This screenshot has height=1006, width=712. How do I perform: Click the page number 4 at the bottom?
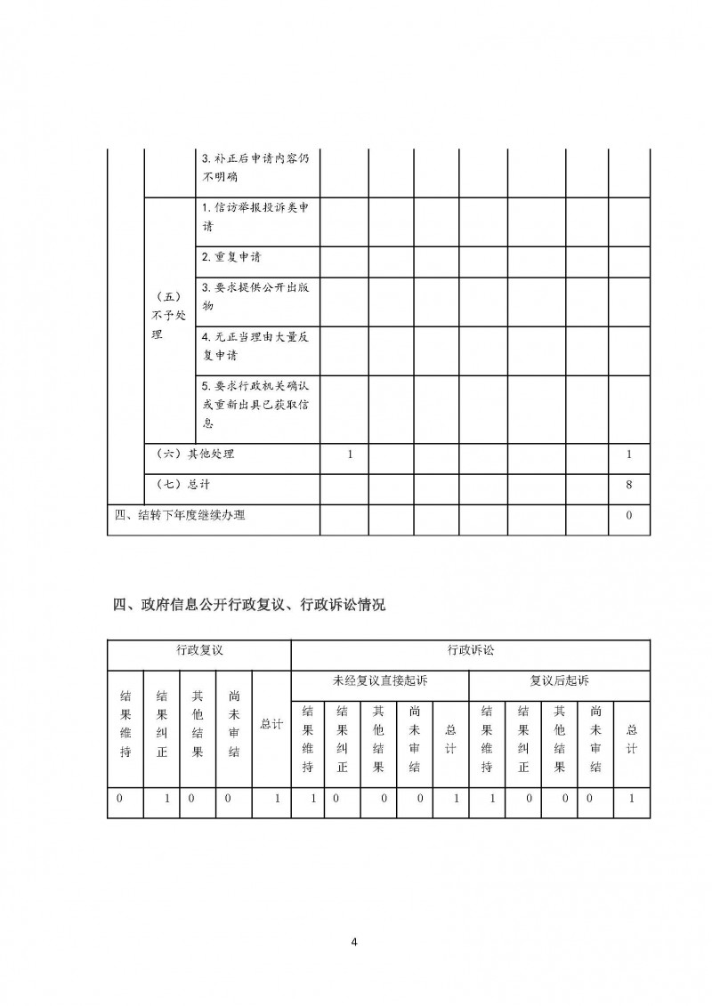pyautogui.click(x=355, y=943)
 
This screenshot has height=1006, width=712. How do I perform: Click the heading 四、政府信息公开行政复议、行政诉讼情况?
pyautogui.click(x=250, y=606)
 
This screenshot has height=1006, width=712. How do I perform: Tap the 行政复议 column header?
pyautogui.click(x=198, y=651)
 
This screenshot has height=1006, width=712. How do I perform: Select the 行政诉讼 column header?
pyautogui.click(x=470, y=651)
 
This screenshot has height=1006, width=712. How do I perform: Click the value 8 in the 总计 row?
pyautogui.click(x=629, y=485)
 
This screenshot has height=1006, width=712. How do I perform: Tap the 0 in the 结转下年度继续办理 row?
pyautogui.click(x=629, y=516)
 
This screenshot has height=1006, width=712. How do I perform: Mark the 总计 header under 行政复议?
pyautogui.click(x=271, y=724)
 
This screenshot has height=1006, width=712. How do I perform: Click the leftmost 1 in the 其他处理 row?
pyautogui.click(x=351, y=455)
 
